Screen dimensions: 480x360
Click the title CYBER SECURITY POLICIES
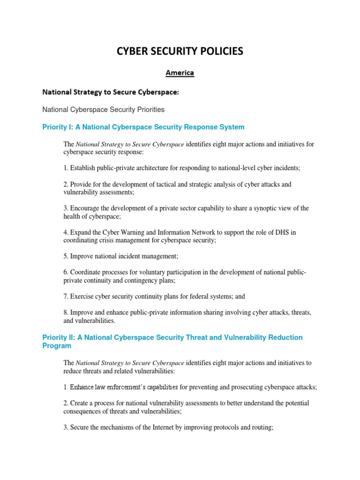click(180, 52)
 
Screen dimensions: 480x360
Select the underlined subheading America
click(180, 73)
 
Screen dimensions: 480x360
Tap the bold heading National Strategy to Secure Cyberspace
click(111, 92)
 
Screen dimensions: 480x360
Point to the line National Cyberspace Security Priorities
click(103, 110)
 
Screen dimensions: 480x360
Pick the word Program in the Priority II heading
click(57, 346)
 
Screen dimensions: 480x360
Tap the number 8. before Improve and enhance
click(66, 313)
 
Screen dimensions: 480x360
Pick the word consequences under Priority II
click(84, 411)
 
